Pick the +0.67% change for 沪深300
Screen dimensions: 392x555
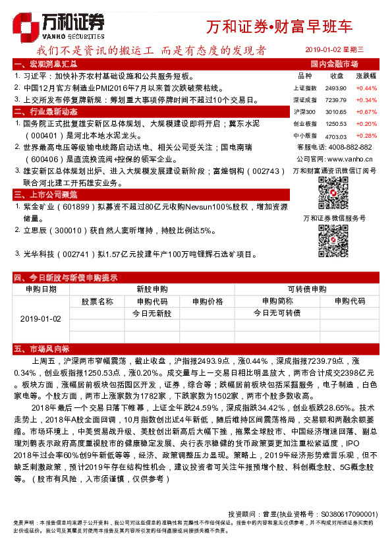(x=366, y=111)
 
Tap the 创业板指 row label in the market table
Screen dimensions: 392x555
(x=305, y=123)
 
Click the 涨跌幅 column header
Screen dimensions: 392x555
(x=366, y=76)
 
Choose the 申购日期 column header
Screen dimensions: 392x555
(x=40, y=289)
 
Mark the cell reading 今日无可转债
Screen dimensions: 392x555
(x=277, y=313)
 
